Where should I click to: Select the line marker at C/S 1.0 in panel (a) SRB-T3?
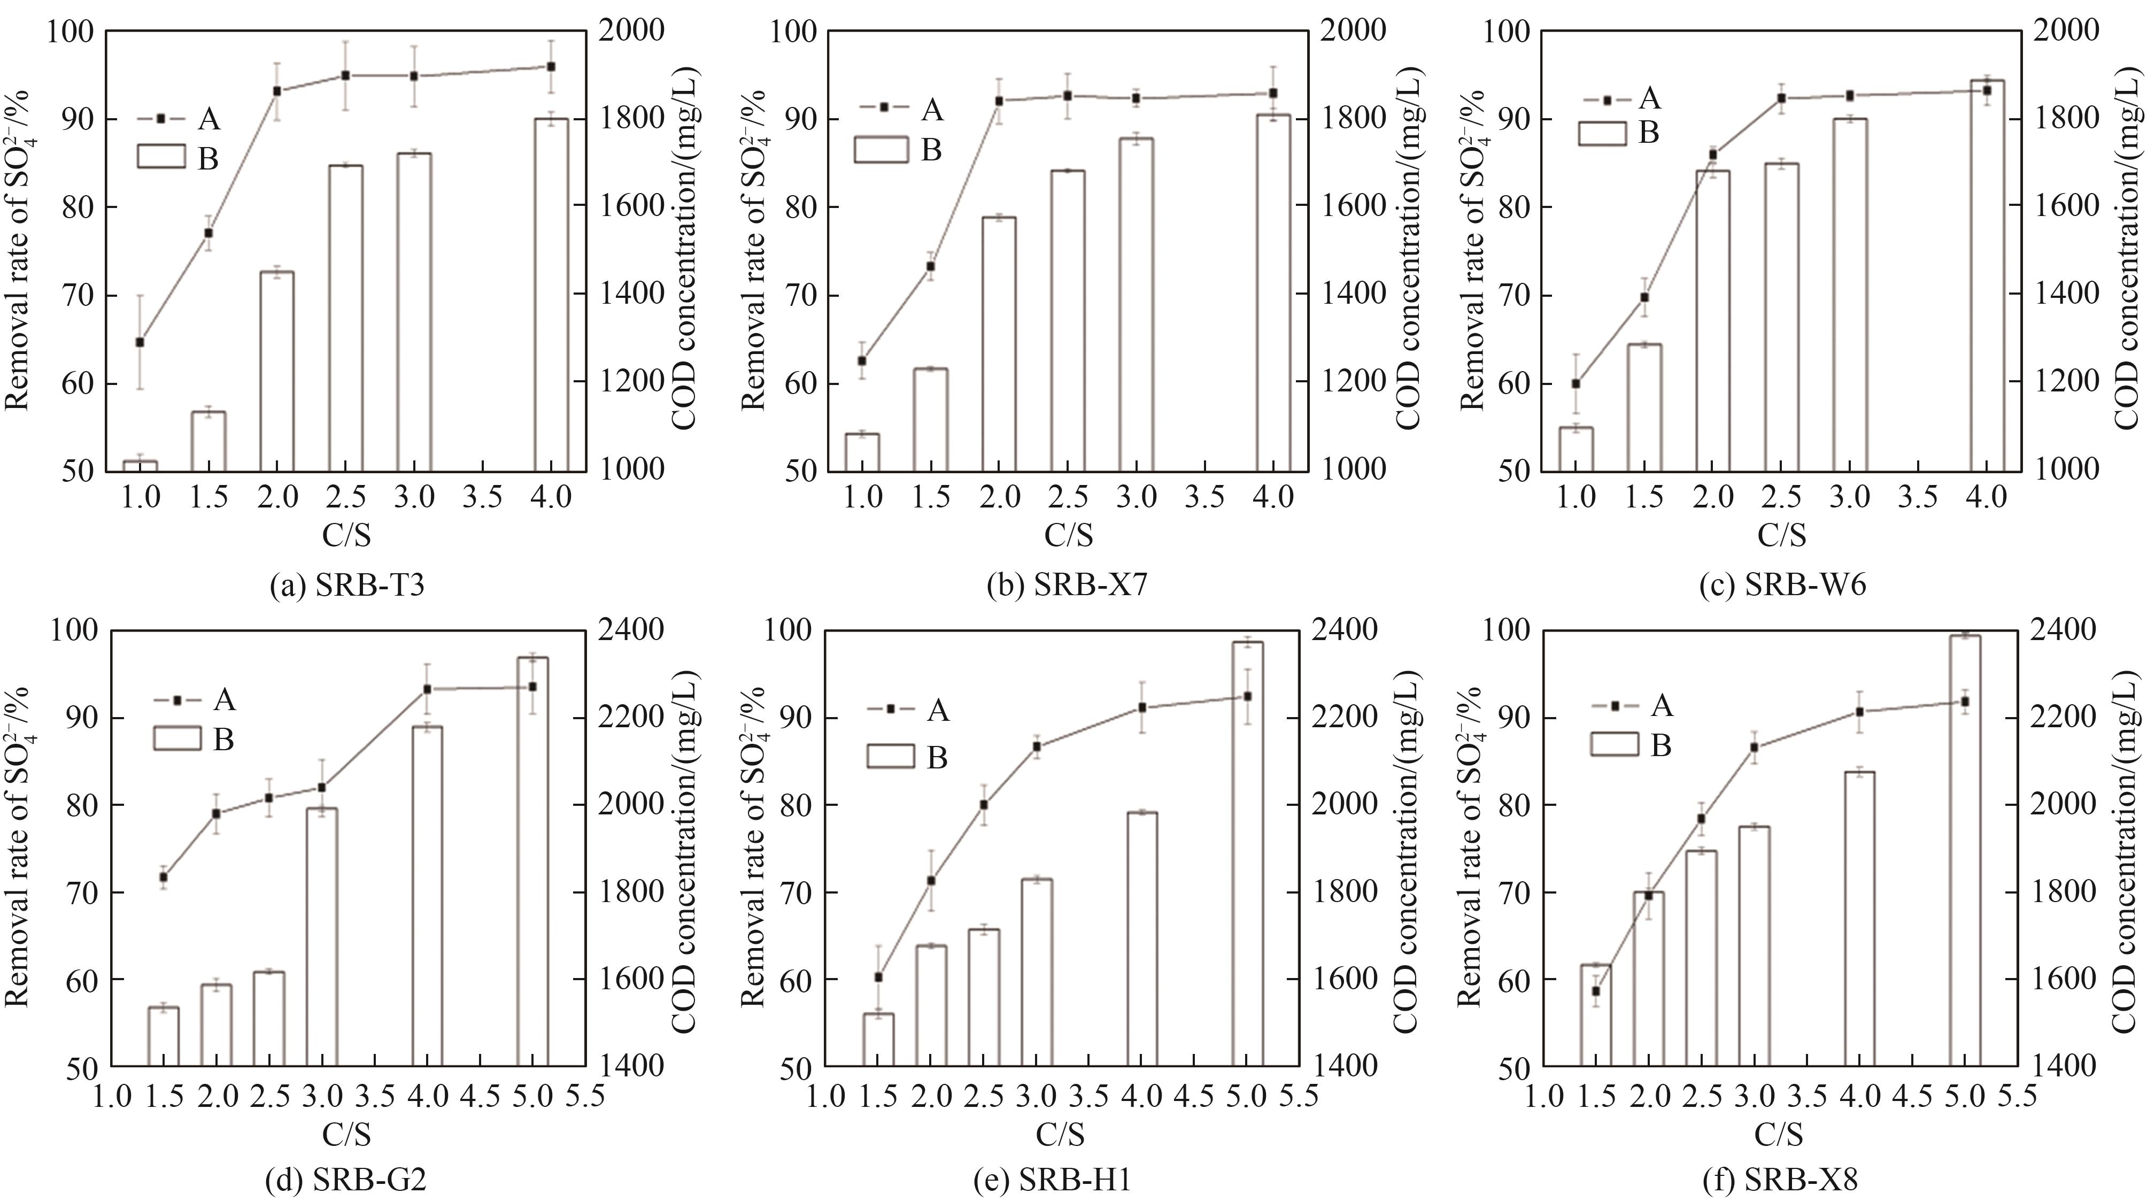click(140, 342)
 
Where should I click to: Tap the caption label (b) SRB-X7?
click(1067, 587)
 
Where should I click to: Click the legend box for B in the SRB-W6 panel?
click(1602, 133)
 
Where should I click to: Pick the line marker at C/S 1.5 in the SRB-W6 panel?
click(1644, 297)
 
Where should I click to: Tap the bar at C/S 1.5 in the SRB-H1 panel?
click(878, 1040)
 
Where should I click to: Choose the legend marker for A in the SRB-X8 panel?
click(1615, 706)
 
